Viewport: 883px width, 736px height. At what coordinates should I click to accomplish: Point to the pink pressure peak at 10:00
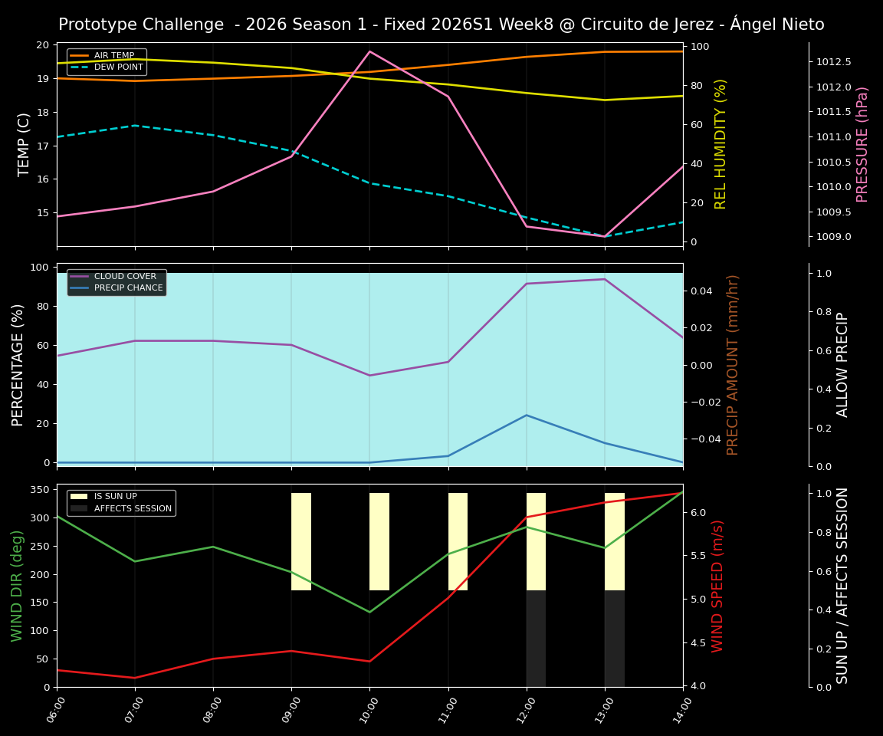click(x=369, y=51)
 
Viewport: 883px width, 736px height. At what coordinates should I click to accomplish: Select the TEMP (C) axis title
click(x=25, y=144)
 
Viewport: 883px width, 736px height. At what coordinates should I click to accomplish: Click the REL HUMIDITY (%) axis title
click(x=721, y=144)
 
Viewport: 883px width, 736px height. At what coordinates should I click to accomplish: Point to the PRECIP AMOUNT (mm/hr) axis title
click(x=733, y=365)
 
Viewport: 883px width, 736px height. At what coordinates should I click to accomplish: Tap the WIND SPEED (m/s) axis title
click(x=717, y=586)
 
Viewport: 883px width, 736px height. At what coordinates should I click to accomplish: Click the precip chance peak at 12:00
click(x=526, y=416)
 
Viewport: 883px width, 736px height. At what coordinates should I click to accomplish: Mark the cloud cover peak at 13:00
click(x=605, y=279)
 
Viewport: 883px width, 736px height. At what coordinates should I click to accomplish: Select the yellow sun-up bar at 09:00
click(x=301, y=541)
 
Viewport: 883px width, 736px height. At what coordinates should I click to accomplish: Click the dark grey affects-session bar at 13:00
click(x=615, y=638)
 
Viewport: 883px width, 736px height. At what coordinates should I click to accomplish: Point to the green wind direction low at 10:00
click(x=369, y=612)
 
